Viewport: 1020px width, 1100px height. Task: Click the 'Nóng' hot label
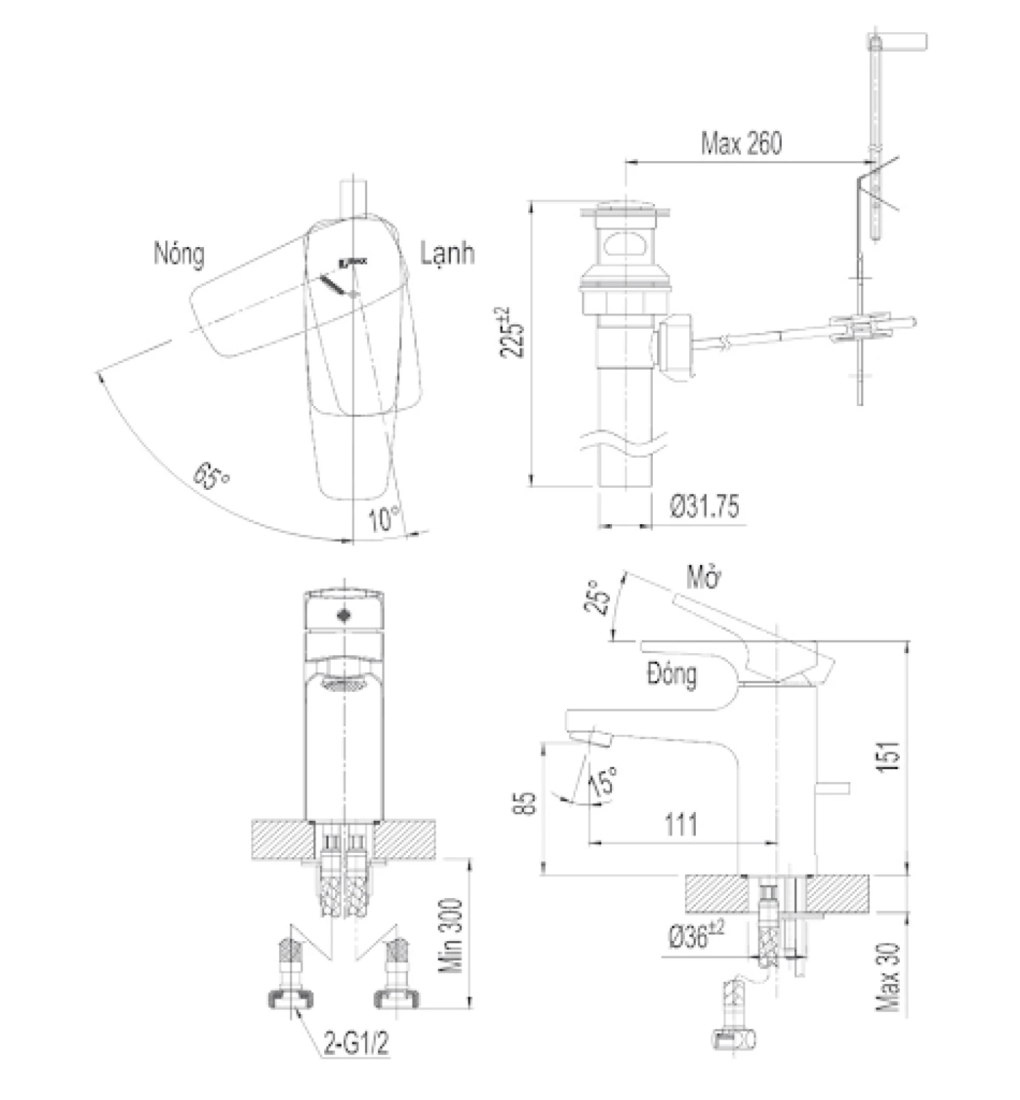(178, 254)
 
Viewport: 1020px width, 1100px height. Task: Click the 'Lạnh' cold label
(447, 253)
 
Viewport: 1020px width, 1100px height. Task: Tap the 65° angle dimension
(211, 477)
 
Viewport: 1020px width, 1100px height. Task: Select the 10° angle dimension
(384, 519)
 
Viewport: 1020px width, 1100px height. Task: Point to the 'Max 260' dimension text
(741, 144)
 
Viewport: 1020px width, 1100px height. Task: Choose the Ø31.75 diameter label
(705, 506)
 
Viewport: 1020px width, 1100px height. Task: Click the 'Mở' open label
(703, 577)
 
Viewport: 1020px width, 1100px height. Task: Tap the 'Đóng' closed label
(671, 674)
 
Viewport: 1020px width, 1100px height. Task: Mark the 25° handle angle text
(597, 598)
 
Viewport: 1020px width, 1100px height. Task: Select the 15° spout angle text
(605, 780)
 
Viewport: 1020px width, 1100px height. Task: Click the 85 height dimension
(529, 802)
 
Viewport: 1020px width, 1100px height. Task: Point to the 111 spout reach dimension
(680, 824)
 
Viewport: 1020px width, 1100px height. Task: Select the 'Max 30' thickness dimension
(889, 977)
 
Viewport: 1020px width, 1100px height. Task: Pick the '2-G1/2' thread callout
(356, 1043)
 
